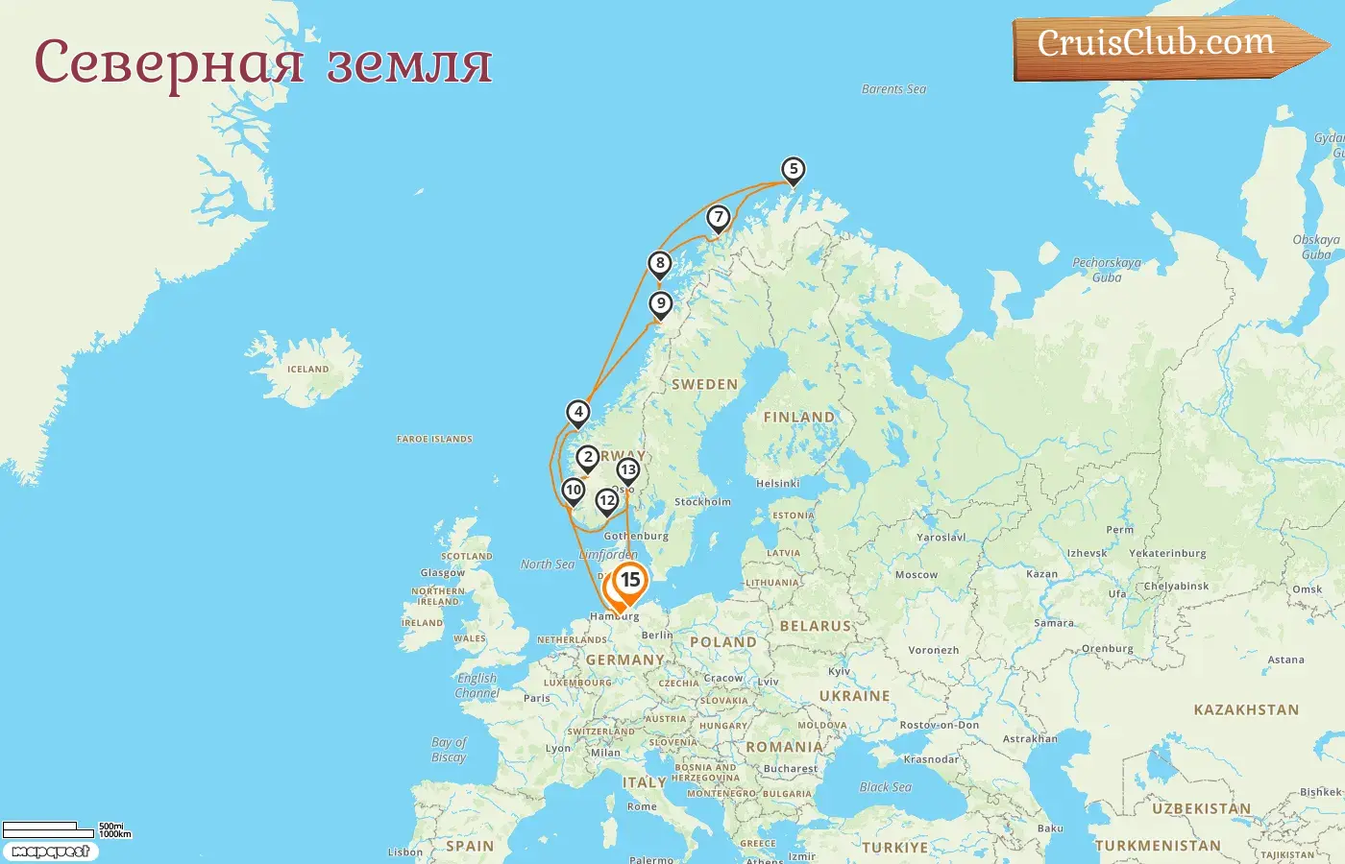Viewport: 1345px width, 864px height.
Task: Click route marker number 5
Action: [x=793, y=170]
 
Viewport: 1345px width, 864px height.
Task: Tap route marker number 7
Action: [x=719, y=218]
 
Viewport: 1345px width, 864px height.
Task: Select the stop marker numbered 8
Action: [x=659, y=264]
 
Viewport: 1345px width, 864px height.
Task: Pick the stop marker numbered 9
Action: [x=660, y=304]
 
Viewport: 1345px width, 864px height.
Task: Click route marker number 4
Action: [x=577, y=413]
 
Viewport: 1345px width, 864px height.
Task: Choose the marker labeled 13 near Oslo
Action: [x=627, y=470]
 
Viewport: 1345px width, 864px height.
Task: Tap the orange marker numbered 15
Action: [x=630, y=580]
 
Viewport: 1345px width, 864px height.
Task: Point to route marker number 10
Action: [x=574, y=491]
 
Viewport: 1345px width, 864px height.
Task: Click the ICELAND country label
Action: [x=307, y=370]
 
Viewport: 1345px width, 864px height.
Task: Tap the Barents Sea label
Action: [x=893, y=89]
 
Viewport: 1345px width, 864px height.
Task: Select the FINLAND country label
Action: [x=798, y=417]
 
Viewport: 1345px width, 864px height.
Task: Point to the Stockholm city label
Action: [x=702, y=502]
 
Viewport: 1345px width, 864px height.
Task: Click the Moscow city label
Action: [x=916, y=575]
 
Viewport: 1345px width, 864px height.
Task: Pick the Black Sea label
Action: [x=885, y=787]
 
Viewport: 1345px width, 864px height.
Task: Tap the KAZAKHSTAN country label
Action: [x=1245, y=710]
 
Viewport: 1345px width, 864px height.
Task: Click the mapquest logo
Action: [x=50, y=852]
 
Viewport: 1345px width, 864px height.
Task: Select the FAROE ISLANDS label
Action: [x=434, y=440]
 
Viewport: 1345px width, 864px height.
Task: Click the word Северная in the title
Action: [x=168, y=62]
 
